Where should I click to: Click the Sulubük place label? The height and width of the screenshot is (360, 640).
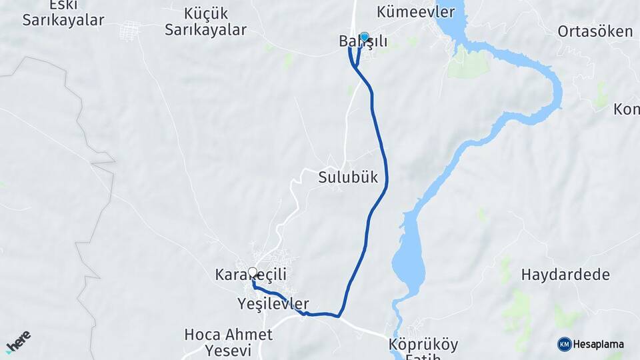point(348,177)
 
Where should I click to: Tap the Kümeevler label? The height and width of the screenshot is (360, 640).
point(415,12)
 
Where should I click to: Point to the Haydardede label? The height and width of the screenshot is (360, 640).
point(556,274)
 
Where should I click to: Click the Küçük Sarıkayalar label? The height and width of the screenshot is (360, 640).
point(205,21)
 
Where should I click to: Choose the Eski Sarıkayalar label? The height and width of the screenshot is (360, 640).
point(63,13)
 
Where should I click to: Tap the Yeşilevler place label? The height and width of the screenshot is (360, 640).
point(273,304)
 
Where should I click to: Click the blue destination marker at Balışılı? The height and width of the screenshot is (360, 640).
point(364,37)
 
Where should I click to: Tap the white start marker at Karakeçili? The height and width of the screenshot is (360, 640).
point(253,272)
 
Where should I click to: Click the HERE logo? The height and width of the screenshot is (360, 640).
point(18,340)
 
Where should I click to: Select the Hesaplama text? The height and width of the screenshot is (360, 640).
point(599,344)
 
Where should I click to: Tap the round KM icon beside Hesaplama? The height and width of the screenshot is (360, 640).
point(565,344)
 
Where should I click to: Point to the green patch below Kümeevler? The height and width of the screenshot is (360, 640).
point(469,64)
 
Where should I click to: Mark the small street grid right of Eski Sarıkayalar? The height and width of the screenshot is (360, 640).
point(129,31)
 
